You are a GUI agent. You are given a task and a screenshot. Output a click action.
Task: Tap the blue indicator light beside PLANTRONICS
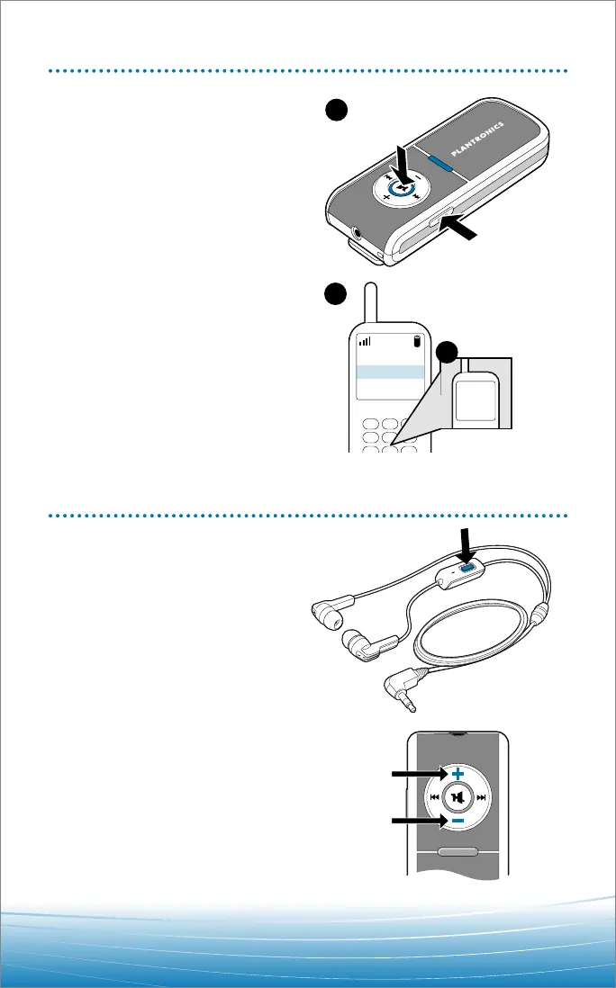click(441, 161)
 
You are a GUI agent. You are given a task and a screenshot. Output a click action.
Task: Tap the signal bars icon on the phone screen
click(364, 341)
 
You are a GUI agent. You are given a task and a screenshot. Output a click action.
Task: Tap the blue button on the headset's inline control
click(466, 568)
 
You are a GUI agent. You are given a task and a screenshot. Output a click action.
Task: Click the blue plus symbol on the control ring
click(457, 773)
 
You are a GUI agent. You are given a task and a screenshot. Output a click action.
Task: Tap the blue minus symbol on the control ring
click(457, 822)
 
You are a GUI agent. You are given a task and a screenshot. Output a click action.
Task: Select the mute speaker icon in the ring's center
click(458, 797)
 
